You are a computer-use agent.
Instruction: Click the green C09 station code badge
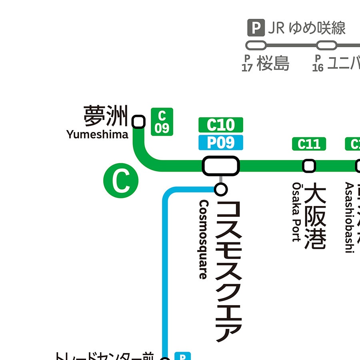tap(162, 122)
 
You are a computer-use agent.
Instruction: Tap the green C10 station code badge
tap(221, 125)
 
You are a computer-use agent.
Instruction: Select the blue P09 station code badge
tap(221, 142)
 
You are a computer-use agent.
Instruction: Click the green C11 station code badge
tap(309, 144)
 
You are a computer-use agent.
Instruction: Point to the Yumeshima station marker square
tap(138, 122)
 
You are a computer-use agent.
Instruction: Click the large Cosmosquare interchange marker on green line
tap(221, 166)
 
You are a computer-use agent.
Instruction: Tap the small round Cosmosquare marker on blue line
tap(221, 189)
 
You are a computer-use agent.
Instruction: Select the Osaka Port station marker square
tap(309, 166)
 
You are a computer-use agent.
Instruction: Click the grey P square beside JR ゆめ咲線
tap(256, 28)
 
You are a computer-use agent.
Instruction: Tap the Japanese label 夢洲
tap(105, 116)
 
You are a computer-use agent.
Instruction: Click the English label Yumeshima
tap(98, 134)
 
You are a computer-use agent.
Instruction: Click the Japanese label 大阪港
tap(316, 216)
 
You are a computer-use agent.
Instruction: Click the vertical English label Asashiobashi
tap(349, 218)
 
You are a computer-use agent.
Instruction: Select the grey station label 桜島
tap(273, 63)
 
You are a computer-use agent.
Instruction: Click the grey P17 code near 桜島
tap(247, 63)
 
